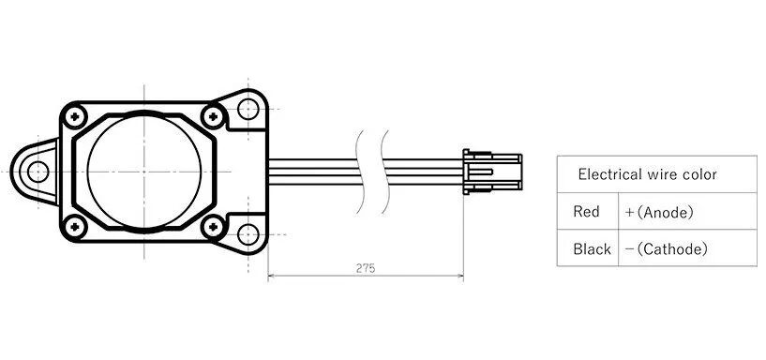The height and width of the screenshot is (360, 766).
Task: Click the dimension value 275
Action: (x=366, y=268)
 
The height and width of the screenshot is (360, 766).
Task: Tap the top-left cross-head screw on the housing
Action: (x=73, y=114)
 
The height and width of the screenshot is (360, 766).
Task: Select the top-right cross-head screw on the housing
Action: (x=215, y=116)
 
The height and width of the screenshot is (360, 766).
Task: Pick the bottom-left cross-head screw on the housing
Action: (x=73, y=224)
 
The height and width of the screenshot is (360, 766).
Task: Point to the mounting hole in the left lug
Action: (x=38, y=171)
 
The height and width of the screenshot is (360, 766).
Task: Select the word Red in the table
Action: (x=586, y=213)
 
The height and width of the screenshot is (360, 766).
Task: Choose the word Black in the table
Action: (x=592, y=249)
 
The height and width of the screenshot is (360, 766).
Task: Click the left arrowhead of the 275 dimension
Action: (x=272, y=277)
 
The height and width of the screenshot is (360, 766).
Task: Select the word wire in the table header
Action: (x=662, y=174)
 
